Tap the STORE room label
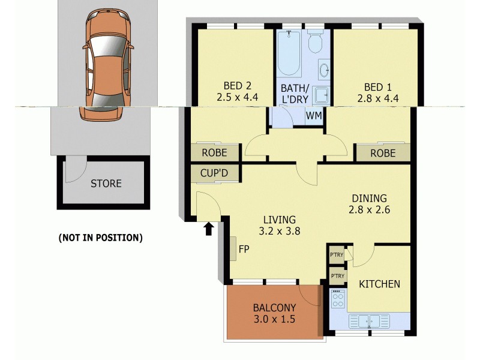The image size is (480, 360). [x=106, y=184]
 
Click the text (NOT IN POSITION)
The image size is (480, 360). [x=100, y=238]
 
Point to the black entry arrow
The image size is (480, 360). [x=209, y=229]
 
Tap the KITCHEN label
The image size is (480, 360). [x=379, y=284]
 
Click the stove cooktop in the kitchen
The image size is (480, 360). [x=338, y=299]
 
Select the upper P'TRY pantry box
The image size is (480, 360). [x=337, y=254]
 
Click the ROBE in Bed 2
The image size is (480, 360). [x=214, y=153]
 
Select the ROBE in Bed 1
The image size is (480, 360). [x=383, y=153]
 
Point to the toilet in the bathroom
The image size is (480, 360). [x=315, y=41]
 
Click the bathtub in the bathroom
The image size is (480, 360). [x=290, y=55]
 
